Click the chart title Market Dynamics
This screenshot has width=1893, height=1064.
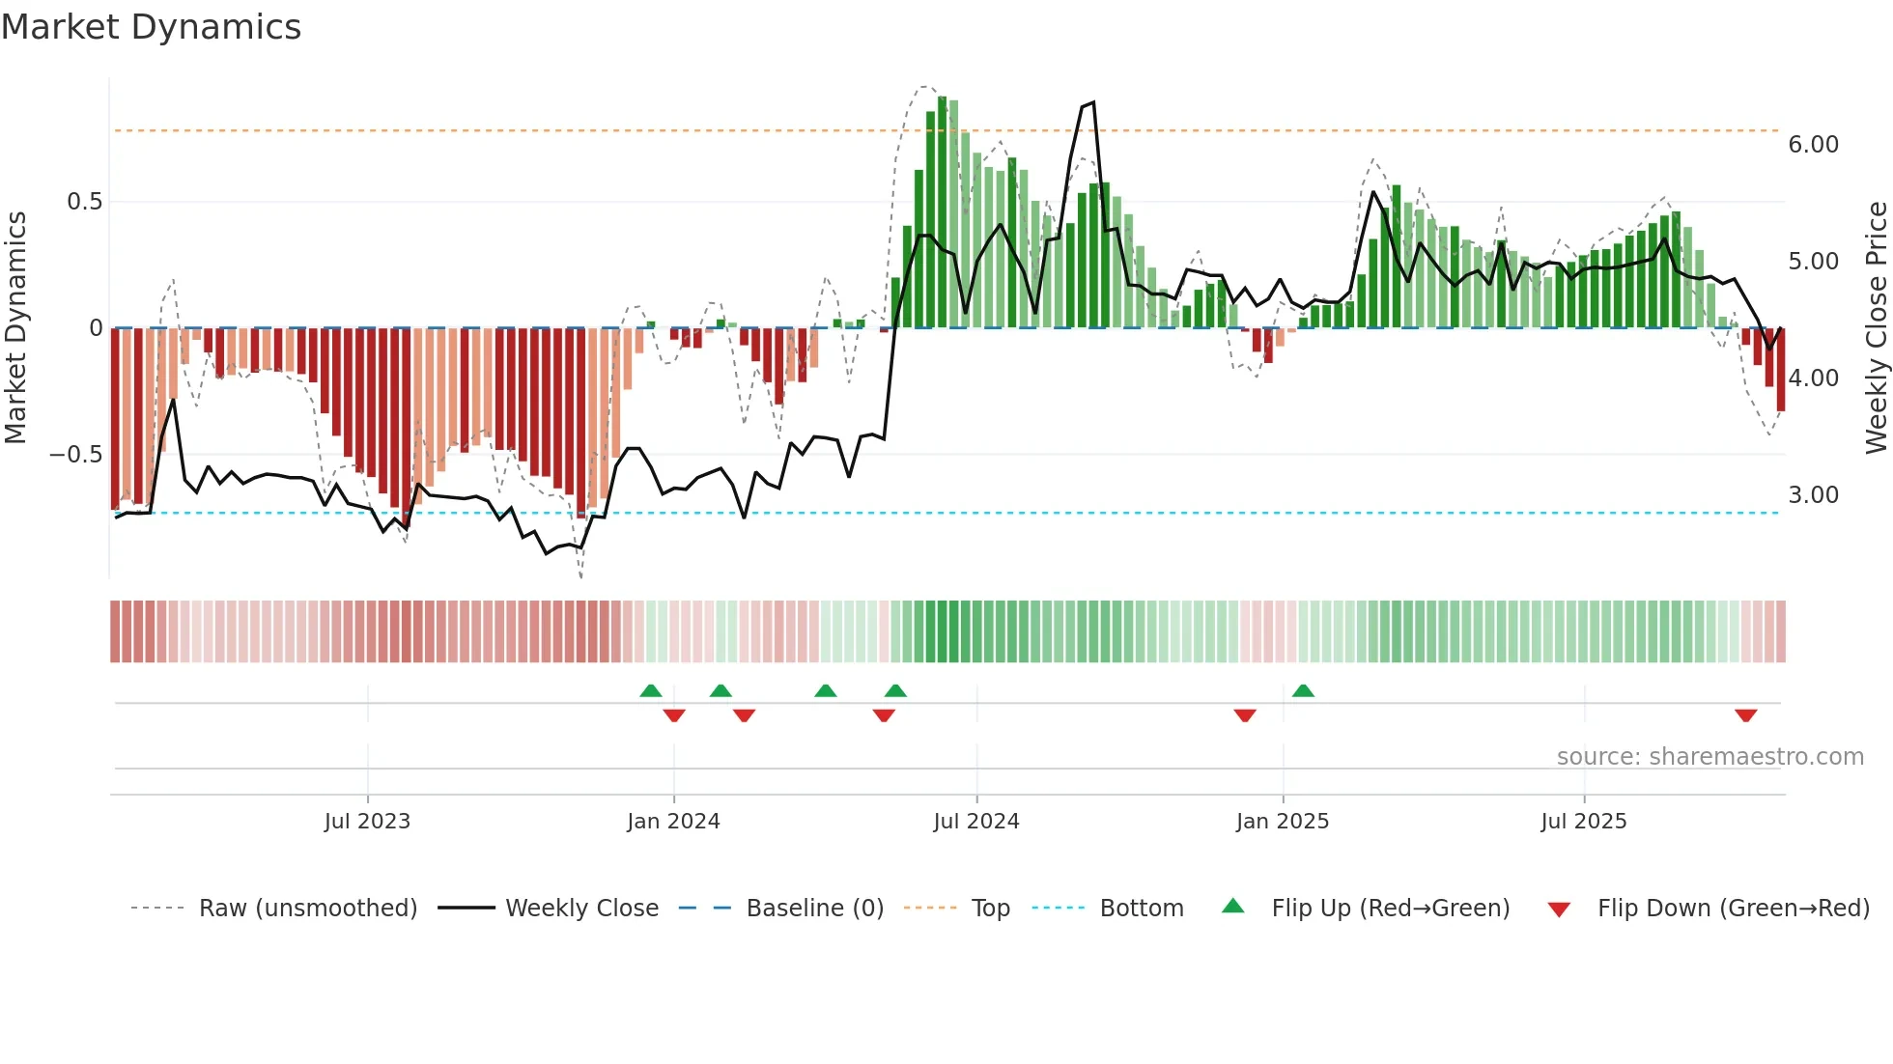[x=151, y=27]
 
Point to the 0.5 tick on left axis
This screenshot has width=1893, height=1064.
[x=84, y=202]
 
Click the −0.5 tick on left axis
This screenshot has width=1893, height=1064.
[x=76, y=454]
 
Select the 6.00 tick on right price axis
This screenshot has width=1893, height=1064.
[x=1813, y=145]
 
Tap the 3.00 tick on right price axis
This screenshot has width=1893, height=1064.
[x=1813, y=495]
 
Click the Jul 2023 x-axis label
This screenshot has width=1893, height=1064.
[x=367, y=822]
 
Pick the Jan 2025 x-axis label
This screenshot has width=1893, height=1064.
[x=1282, y=822]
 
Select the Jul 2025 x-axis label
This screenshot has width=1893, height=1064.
[x=1583, y=822]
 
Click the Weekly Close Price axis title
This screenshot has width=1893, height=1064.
[x=1876, y=327]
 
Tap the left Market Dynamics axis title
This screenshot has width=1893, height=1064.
[x=15, y=327]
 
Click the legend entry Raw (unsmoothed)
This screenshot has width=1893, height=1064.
[x=307, y=909]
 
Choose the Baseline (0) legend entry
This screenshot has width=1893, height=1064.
[x=814, y=909]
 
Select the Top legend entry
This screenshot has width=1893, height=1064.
[x=990, y=909]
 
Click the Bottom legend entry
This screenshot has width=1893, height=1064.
[x=1141, y=909]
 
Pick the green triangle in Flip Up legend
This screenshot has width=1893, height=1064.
[x=1233, y=906]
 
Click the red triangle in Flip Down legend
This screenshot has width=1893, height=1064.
[x=1559, y=910]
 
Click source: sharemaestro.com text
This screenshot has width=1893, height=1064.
[x=1709, y=757]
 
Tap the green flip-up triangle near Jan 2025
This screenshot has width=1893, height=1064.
[x=1303, y=690]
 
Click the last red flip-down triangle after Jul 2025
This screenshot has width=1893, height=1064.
[x=1745, y=715]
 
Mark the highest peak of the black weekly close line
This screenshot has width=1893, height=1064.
[x=1092, y=102]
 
